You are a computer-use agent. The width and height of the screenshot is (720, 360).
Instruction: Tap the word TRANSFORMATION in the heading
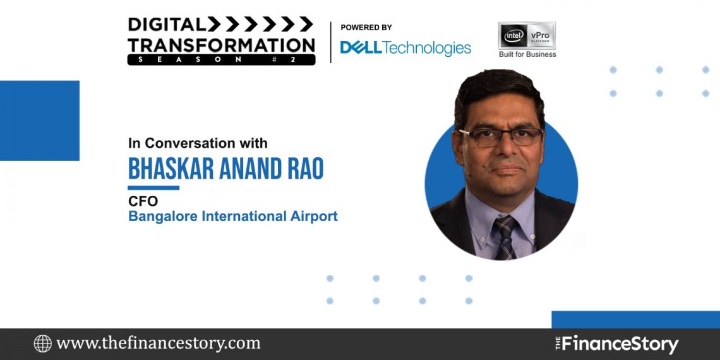click(x=221, y=44)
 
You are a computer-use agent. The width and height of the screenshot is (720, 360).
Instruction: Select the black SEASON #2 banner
click(x=221, y=59)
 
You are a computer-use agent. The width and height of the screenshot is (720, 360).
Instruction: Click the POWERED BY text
click(x=366, y=28)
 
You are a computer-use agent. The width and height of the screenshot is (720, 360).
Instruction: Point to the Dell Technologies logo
click(x=405, y=48)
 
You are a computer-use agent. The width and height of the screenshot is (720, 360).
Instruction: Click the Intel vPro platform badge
click(x=527, y=35)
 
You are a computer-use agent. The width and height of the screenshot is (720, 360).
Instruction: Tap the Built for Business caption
click(x=527, y=54)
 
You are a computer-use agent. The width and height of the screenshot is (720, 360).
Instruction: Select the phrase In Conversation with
click(x=198, y=143)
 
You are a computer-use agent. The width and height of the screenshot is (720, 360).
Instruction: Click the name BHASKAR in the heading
click(x=167, y=169)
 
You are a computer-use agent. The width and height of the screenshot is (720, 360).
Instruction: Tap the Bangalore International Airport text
click(x=232, y=217)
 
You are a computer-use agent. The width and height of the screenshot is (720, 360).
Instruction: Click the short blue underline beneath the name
click(x=153, y=188)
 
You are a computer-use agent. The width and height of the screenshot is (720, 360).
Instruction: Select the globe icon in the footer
click(x=43, y=344)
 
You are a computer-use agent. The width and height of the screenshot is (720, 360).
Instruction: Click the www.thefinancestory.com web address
click(x=158, y=344)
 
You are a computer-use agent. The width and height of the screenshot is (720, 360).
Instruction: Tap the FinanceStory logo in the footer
click(x=616, y=344)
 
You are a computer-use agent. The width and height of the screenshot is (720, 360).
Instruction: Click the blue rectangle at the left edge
click(x=39, y=121)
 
